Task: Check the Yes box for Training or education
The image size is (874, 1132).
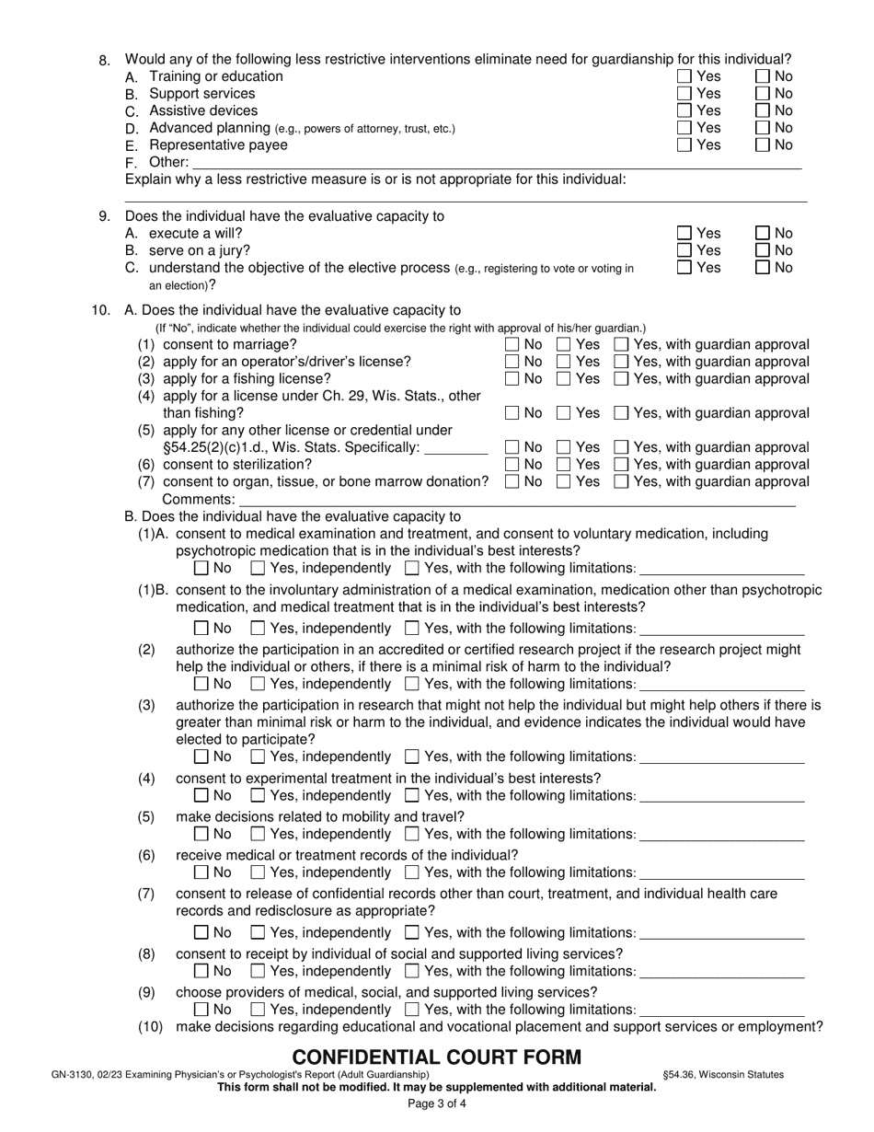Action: (684, 76)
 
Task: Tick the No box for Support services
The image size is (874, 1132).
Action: (763, 94)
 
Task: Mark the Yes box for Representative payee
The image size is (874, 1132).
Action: (684, 145)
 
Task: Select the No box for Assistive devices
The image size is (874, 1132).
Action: (763, 111)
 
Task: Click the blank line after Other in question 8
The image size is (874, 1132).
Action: (497, 163)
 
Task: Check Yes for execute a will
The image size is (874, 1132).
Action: (684, 234)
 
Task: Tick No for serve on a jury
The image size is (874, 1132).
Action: (763, 250)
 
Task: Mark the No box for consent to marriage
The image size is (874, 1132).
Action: (512, 344)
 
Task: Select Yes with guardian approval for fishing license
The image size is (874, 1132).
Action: (622, 379)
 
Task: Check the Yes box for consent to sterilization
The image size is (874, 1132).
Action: (565, 465)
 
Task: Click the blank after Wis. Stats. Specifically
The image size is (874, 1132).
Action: (457, 448)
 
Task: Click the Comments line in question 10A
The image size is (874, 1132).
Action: (515, 500)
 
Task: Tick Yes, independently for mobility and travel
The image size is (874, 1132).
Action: (259, 835)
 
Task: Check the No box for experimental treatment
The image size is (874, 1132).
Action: (201, 796)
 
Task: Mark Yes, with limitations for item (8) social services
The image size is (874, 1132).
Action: (413, 972)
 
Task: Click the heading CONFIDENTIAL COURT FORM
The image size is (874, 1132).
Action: (437, 1057)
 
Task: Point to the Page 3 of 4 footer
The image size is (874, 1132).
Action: (437, 1103)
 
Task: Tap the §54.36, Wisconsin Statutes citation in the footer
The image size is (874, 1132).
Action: (723, 1074)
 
